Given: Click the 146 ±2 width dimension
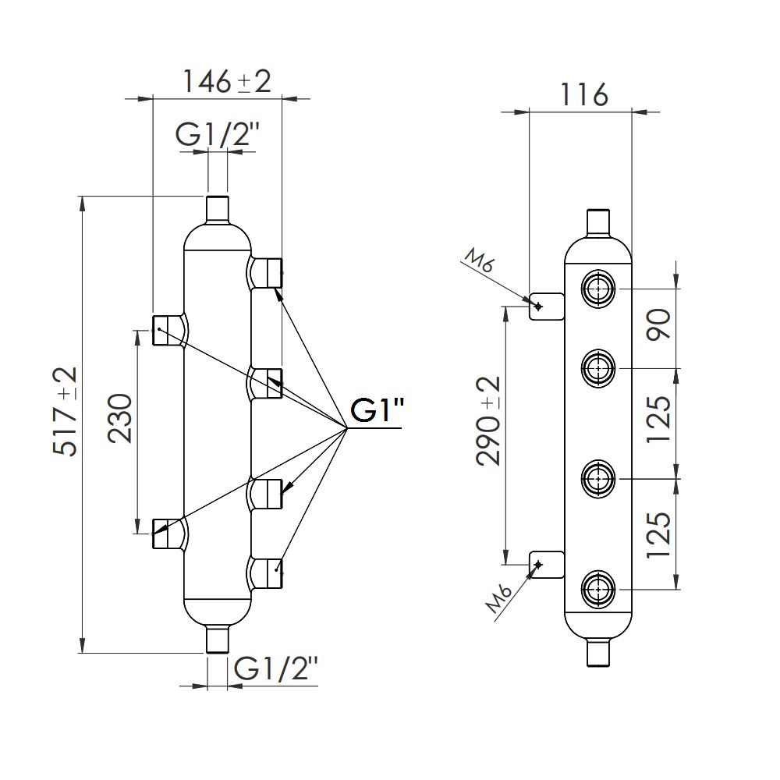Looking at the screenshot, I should (226, 80).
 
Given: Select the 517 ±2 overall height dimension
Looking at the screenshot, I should (66, 411).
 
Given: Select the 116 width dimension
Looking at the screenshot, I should (584, 94).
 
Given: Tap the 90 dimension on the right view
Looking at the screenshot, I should (659, 324).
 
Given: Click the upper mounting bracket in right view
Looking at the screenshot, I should (547, 306).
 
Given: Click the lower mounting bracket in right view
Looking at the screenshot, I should (547, 564).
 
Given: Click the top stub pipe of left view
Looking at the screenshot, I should (217, 209).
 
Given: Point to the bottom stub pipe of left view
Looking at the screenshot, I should (217, 639).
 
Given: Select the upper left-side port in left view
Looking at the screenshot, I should (167, 330).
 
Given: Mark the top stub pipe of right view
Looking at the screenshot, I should (598, 222).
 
